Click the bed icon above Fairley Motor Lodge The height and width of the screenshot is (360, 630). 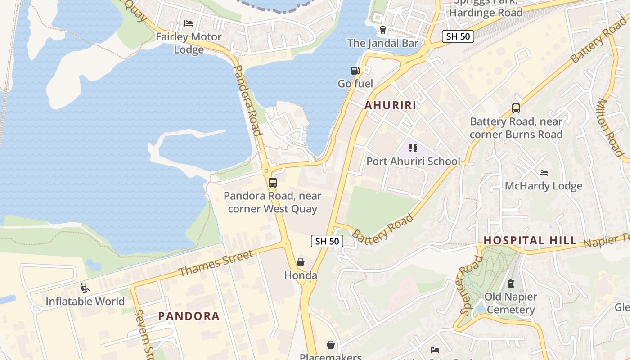189,23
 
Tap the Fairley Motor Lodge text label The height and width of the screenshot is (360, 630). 189,43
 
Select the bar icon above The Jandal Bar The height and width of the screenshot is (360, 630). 383,30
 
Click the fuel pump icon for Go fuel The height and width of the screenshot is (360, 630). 355,70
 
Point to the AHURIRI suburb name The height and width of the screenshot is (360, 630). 390,105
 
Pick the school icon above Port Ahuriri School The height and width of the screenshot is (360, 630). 413,148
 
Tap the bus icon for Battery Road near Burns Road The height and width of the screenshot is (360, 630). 516,108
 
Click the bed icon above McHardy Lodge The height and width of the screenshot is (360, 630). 544,173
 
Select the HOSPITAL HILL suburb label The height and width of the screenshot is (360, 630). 530,240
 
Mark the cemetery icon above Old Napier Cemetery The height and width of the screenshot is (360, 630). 511,283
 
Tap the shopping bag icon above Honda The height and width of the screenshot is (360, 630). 301,262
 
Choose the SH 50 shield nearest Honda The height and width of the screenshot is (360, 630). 327,241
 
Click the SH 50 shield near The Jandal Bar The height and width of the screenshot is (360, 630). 458,36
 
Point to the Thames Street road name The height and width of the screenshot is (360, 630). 216,264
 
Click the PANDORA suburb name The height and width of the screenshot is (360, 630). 189,316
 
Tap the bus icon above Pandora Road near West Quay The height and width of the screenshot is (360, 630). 272,183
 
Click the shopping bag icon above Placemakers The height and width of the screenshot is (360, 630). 331,345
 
